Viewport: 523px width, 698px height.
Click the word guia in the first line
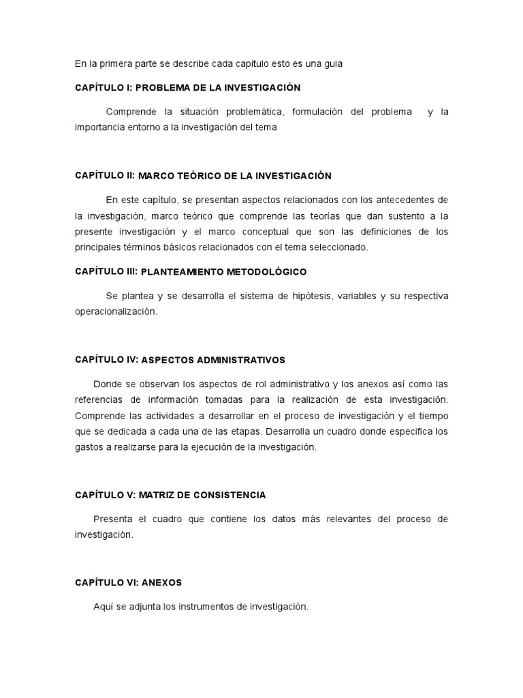(x=332, y=63)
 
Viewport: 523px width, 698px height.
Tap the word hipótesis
(x=298, y=296)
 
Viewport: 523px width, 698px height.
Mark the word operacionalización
(x=116, y=312)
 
